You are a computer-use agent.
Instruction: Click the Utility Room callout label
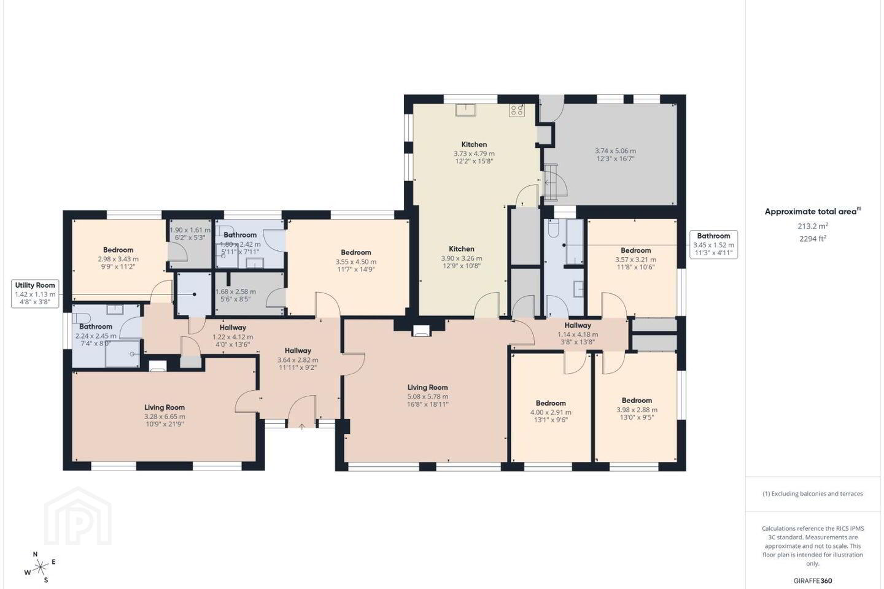35,294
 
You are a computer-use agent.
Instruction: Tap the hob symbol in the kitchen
517,110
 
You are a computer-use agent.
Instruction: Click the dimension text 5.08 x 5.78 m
428,396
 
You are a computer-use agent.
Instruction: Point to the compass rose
41,568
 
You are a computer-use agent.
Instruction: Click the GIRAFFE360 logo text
813,580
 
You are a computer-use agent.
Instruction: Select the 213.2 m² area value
813,226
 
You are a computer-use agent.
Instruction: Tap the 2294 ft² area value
813,238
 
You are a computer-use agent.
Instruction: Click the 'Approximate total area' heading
813,212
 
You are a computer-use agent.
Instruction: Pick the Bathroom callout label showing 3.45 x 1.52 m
713,245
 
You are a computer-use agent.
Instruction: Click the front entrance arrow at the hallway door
302,426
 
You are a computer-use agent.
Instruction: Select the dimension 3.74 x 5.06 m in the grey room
615,151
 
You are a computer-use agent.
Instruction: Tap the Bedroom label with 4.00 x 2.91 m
551,403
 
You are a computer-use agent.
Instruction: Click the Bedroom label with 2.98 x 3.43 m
118,250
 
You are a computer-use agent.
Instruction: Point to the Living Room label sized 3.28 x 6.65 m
164,407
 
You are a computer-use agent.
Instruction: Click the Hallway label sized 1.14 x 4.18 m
578,325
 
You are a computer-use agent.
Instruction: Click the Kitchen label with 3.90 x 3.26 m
462,249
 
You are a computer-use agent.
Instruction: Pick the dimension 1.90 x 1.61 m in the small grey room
190,230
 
